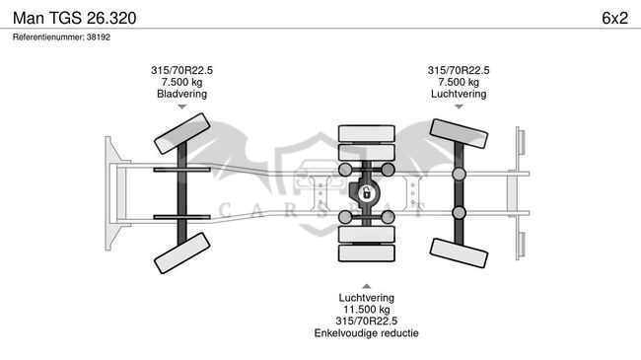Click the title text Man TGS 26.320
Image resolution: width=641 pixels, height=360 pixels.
point(74,18)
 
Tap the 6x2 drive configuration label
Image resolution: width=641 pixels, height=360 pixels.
point(614,18)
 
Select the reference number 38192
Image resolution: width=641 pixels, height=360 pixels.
point(99,37)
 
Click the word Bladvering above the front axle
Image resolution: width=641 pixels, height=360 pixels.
point(181,94)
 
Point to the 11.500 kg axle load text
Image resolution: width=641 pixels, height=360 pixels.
point(366,310)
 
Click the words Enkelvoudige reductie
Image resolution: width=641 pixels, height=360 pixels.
point(366,333)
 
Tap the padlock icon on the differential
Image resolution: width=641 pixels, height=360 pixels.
point(367,192)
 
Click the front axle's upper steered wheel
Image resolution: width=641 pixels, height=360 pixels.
point(181,133)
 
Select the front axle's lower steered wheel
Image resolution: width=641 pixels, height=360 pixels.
point(181,252)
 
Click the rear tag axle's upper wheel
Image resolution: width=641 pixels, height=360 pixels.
point(459,133)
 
